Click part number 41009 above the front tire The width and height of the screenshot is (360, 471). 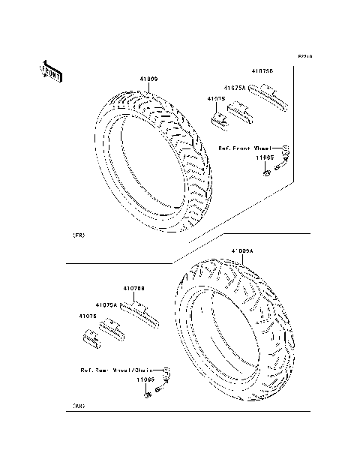tap(147, 79)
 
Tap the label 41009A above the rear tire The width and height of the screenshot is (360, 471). tap(242, 250)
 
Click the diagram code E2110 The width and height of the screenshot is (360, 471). tap(304, 56)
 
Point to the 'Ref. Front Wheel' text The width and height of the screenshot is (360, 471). tap(244, 148)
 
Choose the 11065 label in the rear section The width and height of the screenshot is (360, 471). tap(145, 381)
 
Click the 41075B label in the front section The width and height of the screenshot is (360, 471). tap(262, 71)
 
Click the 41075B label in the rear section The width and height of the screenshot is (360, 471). tap(134, 287)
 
